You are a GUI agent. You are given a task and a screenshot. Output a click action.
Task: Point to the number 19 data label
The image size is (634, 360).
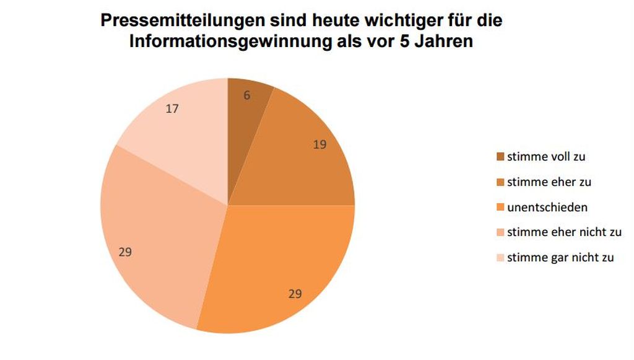tap(319, 145)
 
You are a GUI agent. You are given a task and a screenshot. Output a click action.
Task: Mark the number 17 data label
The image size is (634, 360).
tap(172, 108)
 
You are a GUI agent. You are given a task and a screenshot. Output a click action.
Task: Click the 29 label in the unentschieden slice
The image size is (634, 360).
tap(295, 294)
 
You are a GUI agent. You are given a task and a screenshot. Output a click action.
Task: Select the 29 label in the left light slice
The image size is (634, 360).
tap(125, 252)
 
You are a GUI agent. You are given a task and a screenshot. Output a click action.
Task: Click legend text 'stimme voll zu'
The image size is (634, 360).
tap(545, 157)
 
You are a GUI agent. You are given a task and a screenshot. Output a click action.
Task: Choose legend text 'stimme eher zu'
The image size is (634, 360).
tap(549, 182)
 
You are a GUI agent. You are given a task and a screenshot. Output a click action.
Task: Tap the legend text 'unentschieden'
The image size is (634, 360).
tap(547, 208)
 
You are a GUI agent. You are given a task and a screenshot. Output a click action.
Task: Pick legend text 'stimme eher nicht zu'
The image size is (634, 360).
tap(564, 232)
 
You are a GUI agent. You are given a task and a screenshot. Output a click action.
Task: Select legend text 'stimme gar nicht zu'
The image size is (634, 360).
tap(560, 258)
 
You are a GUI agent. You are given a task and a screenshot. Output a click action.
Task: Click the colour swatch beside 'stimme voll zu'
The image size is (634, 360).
tap(500, 157)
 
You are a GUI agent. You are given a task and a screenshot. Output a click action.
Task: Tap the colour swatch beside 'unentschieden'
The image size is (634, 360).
tap(500, 208)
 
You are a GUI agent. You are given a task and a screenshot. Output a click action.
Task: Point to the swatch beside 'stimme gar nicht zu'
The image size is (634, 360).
tap(500, 258)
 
